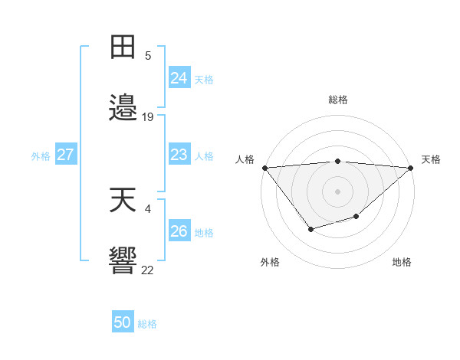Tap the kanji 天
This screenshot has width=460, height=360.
(123, 201)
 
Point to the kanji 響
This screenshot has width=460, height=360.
(123, 261)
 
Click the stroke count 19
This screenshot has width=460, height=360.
(148, 116)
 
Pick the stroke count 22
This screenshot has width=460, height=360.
(148, 269)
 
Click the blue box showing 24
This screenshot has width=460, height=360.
(179, 78)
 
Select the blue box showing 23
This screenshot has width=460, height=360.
(179, 155)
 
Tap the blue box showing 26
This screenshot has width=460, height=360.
(179, 231)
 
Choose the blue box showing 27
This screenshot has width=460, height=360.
(65, 155)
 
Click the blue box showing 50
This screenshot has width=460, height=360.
(122, 323)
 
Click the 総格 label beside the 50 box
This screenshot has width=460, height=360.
(147, 324)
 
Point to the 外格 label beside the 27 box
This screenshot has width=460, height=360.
(41, 156)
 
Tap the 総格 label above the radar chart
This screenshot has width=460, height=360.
(337, 100)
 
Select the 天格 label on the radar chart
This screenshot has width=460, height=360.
(432, 159)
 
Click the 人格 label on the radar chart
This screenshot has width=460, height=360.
(245, 159)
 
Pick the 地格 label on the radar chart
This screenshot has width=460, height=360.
(402, 262)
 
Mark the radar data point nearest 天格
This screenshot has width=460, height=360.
(411, 168)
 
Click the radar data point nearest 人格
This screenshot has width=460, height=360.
(264, 168)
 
